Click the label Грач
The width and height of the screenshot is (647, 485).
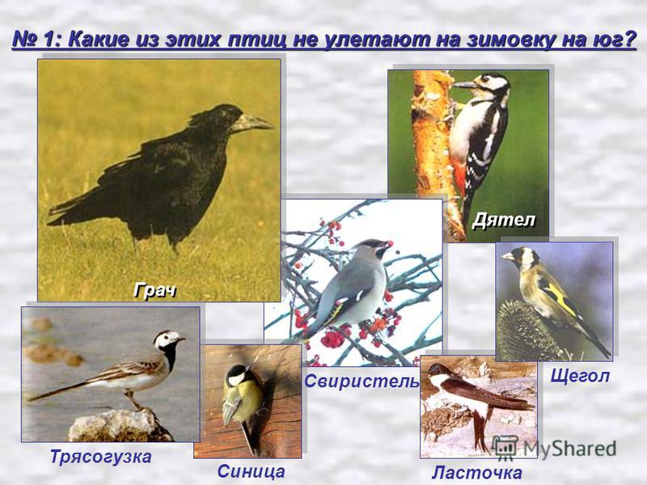pyautogui.click(x=154, y=291)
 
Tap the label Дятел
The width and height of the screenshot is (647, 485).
pyautogui.click(x=503, y=220)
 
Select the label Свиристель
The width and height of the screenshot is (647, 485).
pyautogui.click(x=362, y=382)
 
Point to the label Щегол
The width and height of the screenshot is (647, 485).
pyautogui.click(x=580, y=377)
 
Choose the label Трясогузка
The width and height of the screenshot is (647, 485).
pyautogui.click(x=100, y=457)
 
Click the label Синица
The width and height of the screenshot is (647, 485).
pyautogui.click(x=251, y=471)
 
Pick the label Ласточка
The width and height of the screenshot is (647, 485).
pyautogui.click(x=476, y=473)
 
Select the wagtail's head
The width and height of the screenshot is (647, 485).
pyautogui.click(x=168, y=339)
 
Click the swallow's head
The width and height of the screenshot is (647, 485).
pyautogui.click(x=438, y=371)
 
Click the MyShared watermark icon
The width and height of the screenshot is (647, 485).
pyautogui.click(x=505, y=448)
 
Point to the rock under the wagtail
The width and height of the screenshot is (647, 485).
pyautogui.click(x=120, y=426)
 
